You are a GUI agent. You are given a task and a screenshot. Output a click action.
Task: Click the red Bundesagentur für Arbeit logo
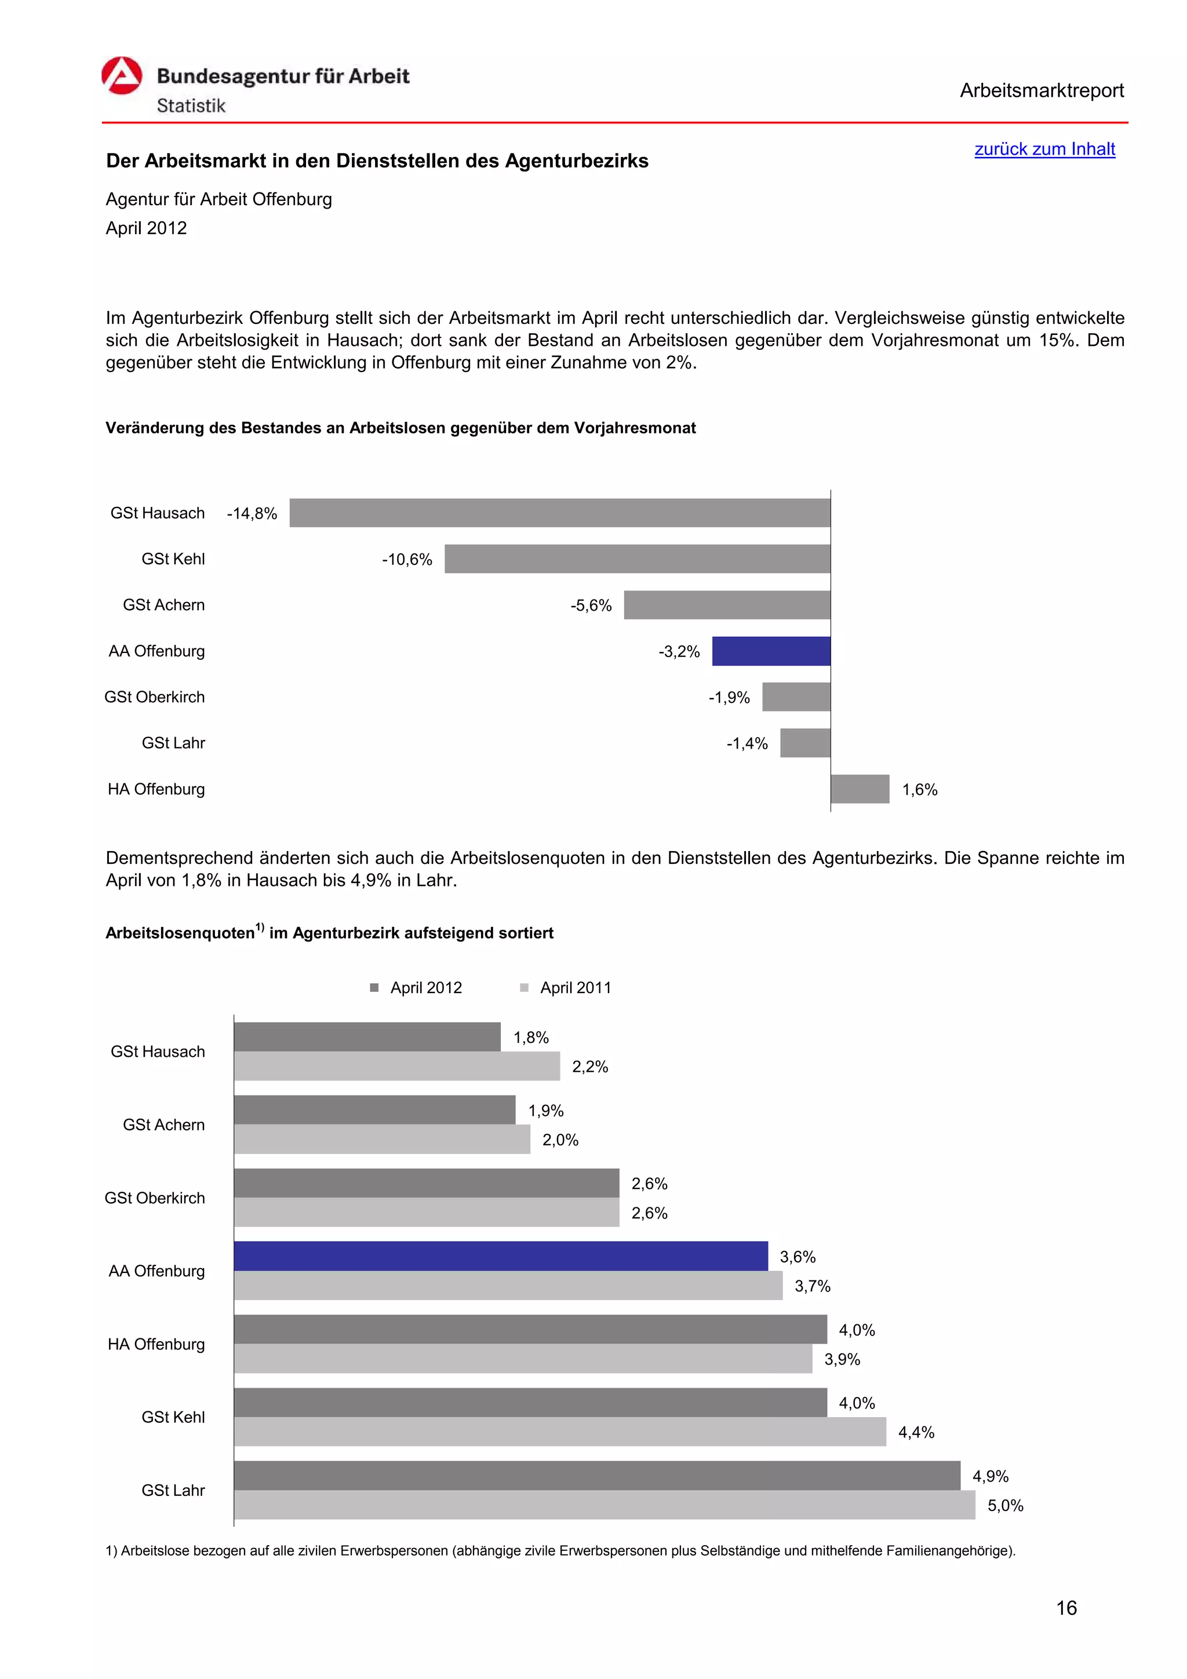(x=121, y=76)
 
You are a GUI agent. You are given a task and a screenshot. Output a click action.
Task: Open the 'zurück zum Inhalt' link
(x=1044, y=149)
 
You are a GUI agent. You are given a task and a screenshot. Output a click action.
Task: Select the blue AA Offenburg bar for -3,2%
(x=771, y=651)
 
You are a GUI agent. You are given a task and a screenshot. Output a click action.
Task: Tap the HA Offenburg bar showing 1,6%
(x=860, y=789)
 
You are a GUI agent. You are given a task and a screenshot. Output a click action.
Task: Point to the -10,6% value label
(x=407, y=560)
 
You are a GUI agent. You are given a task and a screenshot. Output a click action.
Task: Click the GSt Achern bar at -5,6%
(x=726, y=605)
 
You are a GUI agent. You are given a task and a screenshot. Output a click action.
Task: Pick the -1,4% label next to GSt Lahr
(x=747, y=744)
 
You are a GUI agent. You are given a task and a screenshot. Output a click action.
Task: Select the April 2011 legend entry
(x=566, y=987)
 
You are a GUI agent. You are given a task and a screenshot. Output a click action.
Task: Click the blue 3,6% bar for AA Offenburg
(x=500, y=1255)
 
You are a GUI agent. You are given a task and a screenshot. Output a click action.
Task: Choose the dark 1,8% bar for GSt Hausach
(x=367, y=1036)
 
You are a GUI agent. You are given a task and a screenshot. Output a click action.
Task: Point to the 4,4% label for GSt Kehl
(x=916, y=1432)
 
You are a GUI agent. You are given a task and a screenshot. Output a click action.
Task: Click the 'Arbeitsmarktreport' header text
(x=1041, y=91)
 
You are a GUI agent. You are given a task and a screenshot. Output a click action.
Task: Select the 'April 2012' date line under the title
(x=146, y=228)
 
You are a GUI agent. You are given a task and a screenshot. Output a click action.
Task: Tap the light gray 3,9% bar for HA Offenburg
(x=523, y=1358)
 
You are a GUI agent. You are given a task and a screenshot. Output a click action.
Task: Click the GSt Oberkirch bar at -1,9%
(x=796, y=697)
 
